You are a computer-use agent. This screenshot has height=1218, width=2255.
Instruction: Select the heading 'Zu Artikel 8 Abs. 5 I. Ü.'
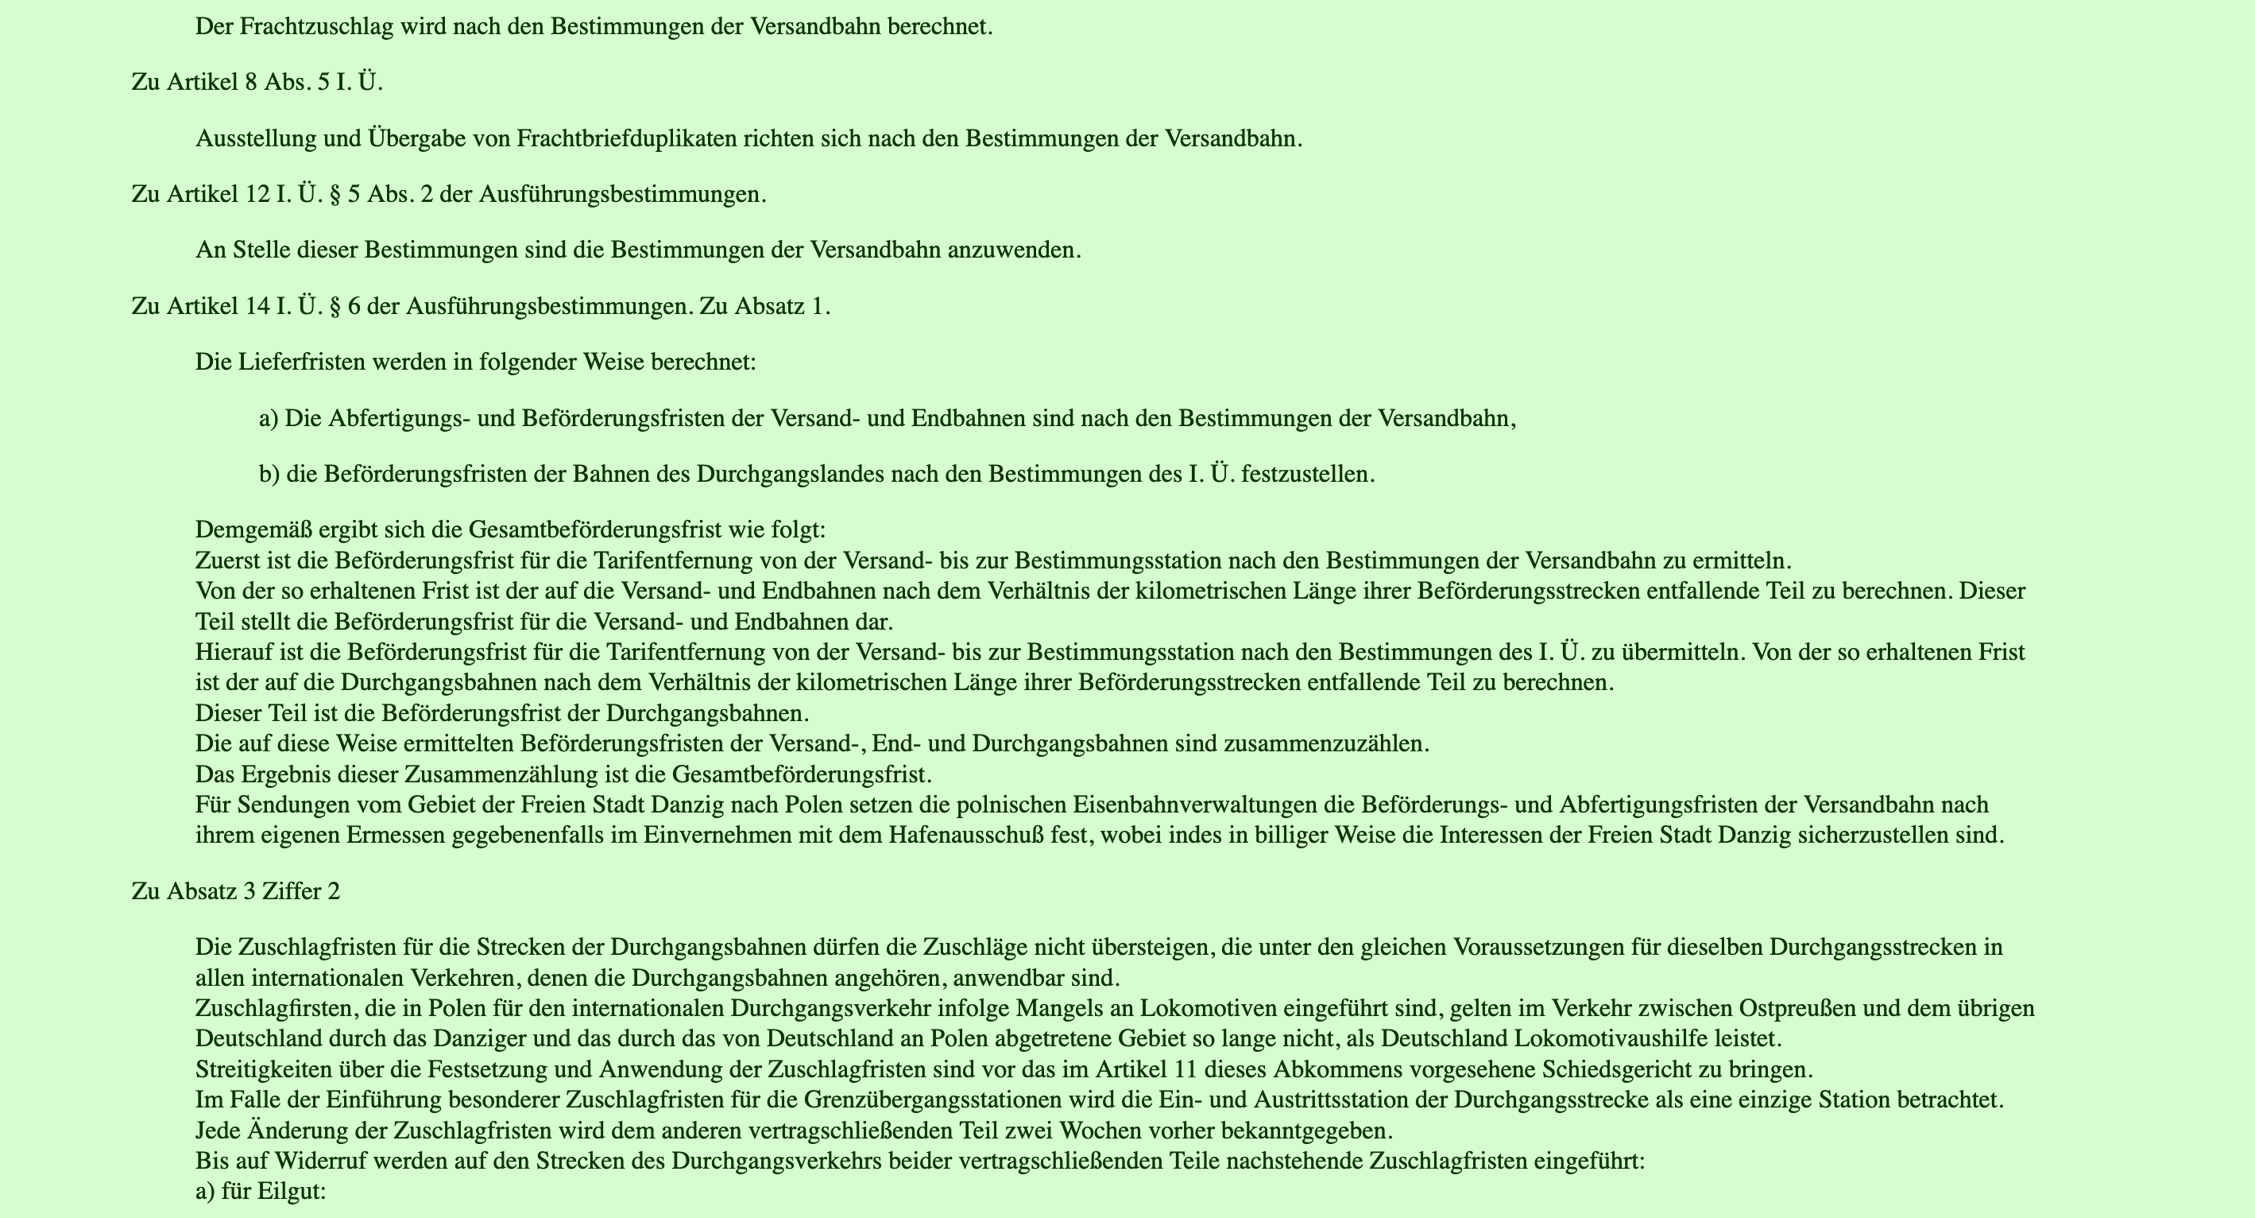[x=257, y=83]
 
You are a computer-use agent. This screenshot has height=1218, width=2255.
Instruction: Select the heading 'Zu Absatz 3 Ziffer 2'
[x=235, y=891]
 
